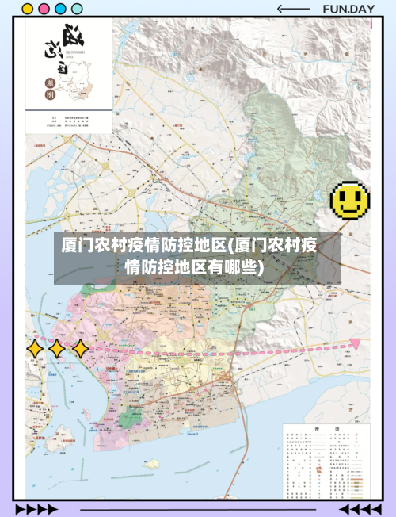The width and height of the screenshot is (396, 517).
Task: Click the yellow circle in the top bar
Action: (28, 10)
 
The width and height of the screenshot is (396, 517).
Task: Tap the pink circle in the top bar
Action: (44, 10)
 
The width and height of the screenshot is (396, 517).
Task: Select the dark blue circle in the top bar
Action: (60, 10)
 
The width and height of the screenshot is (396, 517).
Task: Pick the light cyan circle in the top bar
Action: (77, 10)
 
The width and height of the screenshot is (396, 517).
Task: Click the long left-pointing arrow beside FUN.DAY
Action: (293, 10)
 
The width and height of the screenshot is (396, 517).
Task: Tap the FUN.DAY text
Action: (348, 10)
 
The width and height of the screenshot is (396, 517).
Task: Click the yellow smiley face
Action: (349, 200)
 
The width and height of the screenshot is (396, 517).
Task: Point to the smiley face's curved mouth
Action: (349, 209)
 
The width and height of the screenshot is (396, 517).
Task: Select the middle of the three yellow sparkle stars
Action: (57, 348)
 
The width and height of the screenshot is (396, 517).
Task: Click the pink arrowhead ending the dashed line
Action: (356, 343)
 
